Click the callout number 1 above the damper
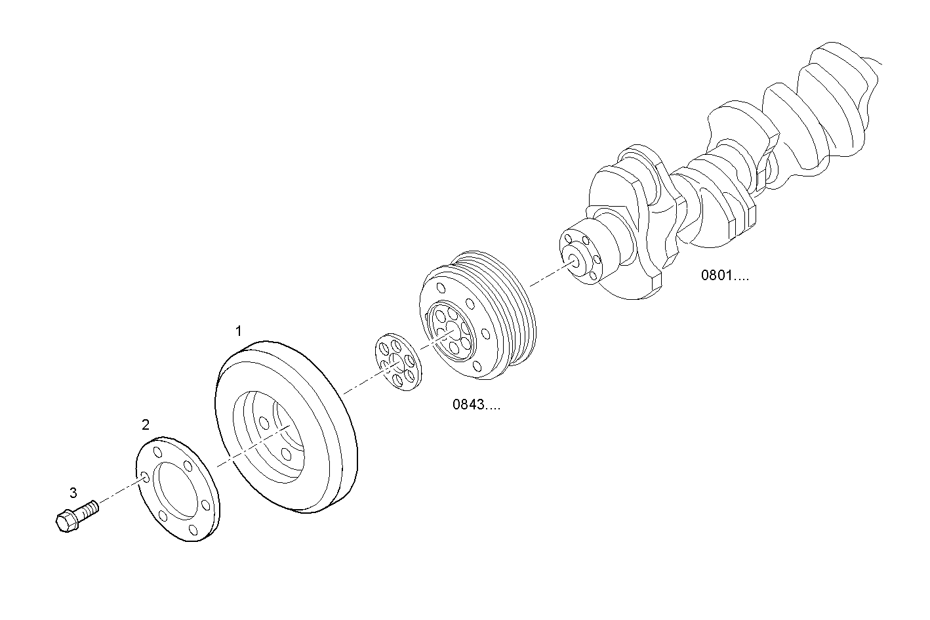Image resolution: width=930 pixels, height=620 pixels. (239, 331)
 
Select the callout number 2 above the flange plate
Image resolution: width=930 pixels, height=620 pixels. (146, 424)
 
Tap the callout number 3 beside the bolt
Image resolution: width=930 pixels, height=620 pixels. (73, 492)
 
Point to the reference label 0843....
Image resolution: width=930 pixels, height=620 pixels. (475, 405)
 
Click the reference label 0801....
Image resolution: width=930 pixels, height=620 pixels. (725, 276)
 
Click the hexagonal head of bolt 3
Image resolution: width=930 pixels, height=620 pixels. (64, 521)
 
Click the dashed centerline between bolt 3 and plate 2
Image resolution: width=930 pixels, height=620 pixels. (118, 493)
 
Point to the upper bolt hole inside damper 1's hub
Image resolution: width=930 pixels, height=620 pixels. (263, 422)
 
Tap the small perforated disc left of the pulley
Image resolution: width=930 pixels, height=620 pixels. (397, 363)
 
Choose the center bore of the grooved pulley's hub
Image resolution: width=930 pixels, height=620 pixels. (453, 333)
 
